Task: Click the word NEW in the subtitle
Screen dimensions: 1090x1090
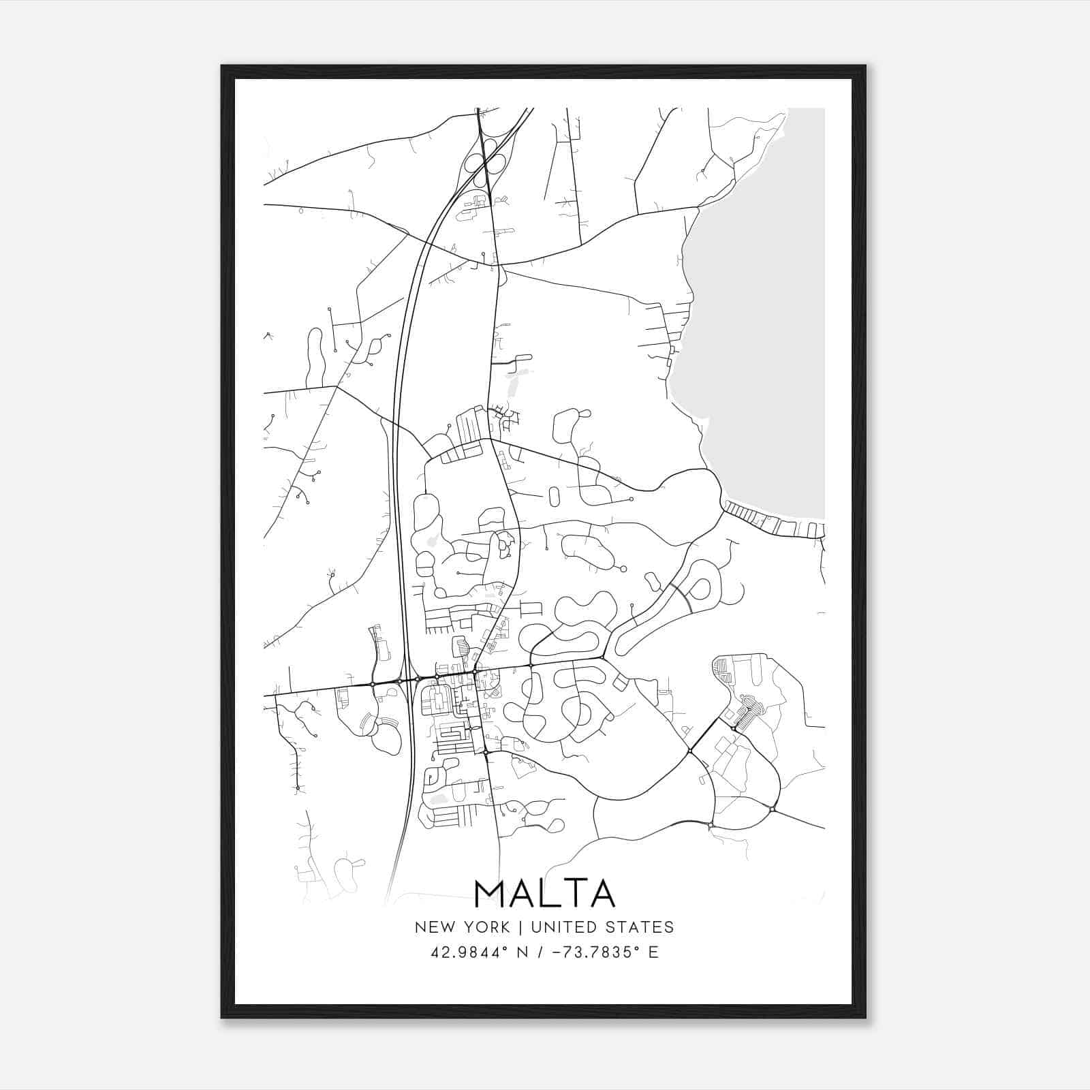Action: coord(433,927)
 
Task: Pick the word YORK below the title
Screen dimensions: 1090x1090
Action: coord(485,927)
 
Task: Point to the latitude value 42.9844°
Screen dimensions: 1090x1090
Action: coord(470,952)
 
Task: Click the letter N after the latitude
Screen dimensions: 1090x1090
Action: coord(523,952)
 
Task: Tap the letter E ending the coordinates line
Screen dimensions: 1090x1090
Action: coord(653,952)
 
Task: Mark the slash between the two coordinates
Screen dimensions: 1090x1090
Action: coord(542,952)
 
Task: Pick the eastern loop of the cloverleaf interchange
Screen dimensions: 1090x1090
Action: coord(499,164)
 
